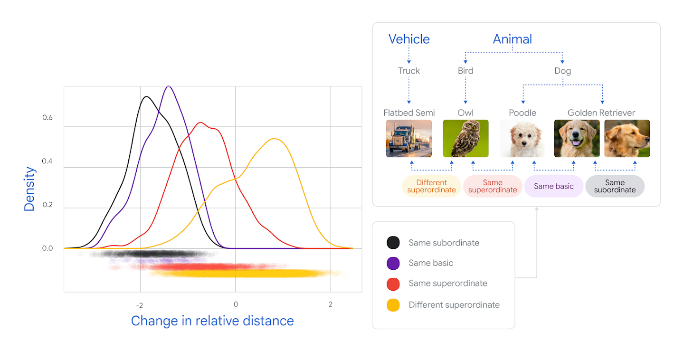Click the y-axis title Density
pyautogui.click(x=30, y=189)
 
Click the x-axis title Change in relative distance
pyautogui.click(x=212, y=321)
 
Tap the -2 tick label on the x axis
pyautogui.click(x=140, y=304)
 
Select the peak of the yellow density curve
pyautogui.click(x=275, y=139)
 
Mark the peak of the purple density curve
pyautogui.click(x=169, y=86)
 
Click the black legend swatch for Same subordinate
pyautogui.click(x=393, y=243)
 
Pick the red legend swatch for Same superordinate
pyautogui.click(x=393, y=284)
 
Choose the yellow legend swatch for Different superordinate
pyautogui.click(x=393, y=305)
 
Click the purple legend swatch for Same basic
pyautogui.click(x=393, y=263)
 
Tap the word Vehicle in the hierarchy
pyautogui.click(x=409, y=39)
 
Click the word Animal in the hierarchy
pyautogui.click(x=512, y=39)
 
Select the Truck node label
pyautogui.click(x=409, y=71)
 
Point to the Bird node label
pyautogui.click(x=465, y=71)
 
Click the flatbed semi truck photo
pyautogui.click(x=409, y=138)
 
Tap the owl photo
pyautogui.click(x=465, y=138)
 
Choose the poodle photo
pyautogui.click(x=522, y=138)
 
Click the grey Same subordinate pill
pyautogui.click(x=615, y=186)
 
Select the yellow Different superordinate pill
pyautogui.click(x=431, y=186)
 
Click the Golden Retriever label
pyautogui.click(x=601, y=113)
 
